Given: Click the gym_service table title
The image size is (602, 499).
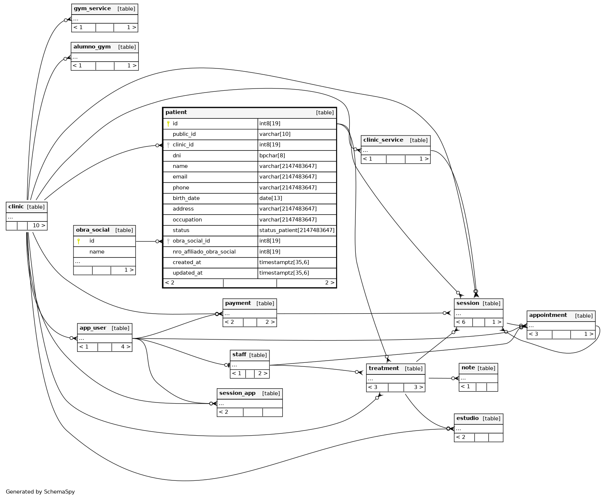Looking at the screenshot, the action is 92,9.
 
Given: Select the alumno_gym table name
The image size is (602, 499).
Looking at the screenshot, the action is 92,47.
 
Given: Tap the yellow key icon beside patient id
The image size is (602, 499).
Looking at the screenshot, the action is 168,124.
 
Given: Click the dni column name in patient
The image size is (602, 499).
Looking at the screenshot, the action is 177,156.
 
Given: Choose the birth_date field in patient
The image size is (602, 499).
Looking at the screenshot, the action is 186,198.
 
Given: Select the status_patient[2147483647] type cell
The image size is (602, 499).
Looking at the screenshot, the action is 297,230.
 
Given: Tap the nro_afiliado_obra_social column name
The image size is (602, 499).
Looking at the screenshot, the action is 204,252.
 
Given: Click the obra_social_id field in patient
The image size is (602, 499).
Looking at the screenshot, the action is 191,241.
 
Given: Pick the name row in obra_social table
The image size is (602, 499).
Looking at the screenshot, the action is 97,252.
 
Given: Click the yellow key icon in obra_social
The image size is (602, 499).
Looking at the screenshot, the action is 79,241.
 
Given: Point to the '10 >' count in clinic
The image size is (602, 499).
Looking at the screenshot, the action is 39,225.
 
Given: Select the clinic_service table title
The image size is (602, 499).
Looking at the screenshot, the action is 383,140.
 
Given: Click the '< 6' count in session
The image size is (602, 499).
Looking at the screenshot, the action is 461,322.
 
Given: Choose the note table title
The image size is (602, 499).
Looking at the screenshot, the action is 468,368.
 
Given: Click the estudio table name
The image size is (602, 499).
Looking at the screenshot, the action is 467,419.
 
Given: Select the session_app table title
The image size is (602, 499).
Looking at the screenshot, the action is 237,393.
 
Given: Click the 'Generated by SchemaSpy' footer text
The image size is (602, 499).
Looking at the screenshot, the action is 40,492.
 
